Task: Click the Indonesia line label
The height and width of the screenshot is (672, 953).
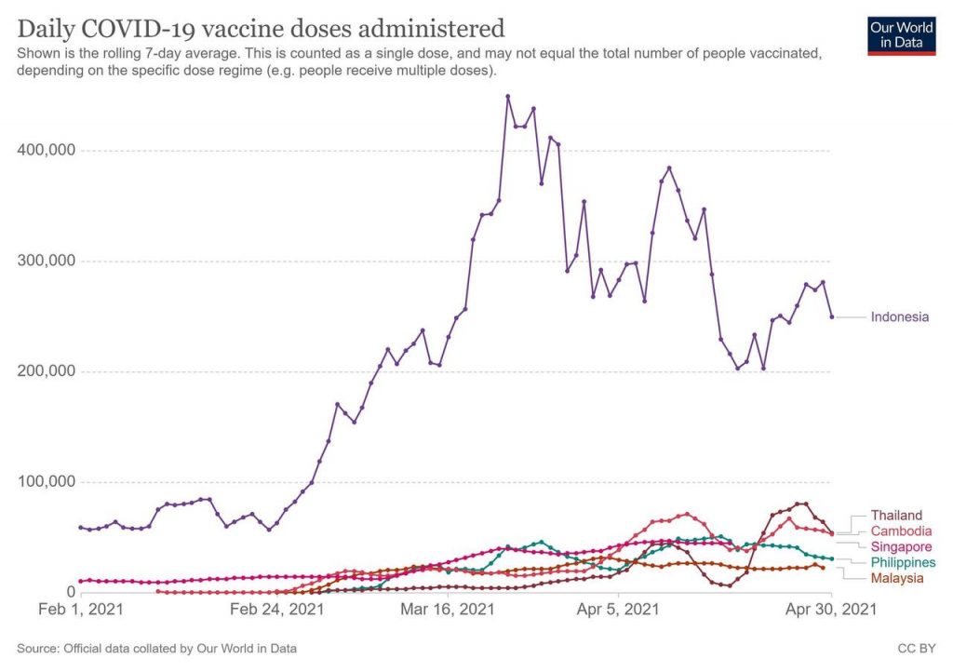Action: coord(899,316)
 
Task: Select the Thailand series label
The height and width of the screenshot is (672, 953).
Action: coord(896,515)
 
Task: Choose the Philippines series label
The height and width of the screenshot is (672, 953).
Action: coord(903,562)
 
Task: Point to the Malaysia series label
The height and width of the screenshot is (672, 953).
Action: coord(897,578)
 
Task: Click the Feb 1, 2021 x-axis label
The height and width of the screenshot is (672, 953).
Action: coord(81,611)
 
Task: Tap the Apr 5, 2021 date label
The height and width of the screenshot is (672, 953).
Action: coord(619,611)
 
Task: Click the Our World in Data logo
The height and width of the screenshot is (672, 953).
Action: coord(902,34)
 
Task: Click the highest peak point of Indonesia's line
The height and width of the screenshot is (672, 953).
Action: coord(508,96)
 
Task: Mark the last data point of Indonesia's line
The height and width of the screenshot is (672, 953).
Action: coord(831,317)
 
